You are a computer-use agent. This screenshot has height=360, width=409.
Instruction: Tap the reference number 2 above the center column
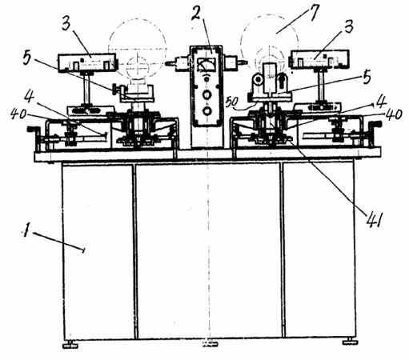pyautogui.click(x=196, y=13)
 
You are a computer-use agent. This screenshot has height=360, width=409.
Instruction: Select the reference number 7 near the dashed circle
pyautogui.click(x=310, y=13)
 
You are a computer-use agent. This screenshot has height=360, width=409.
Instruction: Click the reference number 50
pyautogui.click(x=232, y=102)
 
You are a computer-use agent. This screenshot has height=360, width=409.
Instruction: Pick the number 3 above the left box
pyautogui.click(x=66, y=23)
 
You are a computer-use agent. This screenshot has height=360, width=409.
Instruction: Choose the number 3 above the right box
pyautogui.click(x=348, y=27)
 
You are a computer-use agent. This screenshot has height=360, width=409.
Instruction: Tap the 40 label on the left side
pyautogui.click(x=18, y=114)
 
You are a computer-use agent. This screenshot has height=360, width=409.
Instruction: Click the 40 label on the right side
pyautogui.click(x=394, y=114)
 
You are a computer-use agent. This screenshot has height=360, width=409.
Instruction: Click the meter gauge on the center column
pyautogui.click(x=206, y=65)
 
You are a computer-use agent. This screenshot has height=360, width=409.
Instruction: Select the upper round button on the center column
pyautogui.click(x=207, y=94)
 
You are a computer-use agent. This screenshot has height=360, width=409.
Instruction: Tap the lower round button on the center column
pyautogui.click(x=207, y=110)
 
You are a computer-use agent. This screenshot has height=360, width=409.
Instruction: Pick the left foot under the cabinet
pyautogui.click(x=70, y=345)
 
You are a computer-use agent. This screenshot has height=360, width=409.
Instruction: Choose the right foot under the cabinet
pyautogui.click(x=350, y=341)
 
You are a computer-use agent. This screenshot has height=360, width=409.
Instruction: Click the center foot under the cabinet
pyautogui.click(x=210, y=344)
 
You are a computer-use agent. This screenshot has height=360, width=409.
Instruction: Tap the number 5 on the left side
pyautogui.click(x=26, y=58)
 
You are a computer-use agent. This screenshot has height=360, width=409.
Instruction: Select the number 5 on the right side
pyautogui.click(x=367, y=78)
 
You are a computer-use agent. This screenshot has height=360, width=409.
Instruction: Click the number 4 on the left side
pyautogui.click(x=29, y=97)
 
